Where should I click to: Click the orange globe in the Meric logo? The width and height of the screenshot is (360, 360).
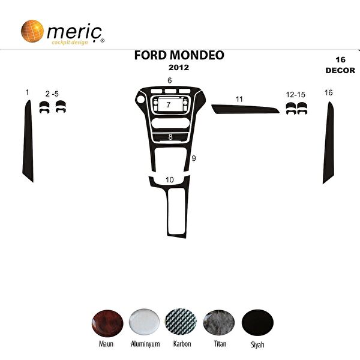[32, 31]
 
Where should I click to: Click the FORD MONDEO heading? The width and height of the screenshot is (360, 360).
[179, 55]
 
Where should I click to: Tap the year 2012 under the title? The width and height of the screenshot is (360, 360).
[179, 68]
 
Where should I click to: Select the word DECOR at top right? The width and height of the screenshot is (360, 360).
[340, 70]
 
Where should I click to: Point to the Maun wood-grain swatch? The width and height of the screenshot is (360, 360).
[107, 323]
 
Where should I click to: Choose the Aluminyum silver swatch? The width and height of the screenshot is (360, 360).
[144, 323]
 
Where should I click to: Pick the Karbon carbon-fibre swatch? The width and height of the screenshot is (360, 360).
[182, 323]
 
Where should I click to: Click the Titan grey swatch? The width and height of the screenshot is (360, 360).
[219, 323]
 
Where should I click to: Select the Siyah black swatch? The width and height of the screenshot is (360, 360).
[257, 323]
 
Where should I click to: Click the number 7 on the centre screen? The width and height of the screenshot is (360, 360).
[169, 105]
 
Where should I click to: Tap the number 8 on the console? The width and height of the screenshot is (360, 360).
[170, 137]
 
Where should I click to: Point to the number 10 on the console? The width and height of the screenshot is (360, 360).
[170, 179]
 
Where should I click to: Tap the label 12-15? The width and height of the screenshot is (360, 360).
[296, 94]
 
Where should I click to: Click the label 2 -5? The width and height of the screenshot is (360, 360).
[52, 94]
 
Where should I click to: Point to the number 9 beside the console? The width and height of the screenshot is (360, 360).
[194, 158]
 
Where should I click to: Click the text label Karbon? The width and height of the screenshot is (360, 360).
[182, 345]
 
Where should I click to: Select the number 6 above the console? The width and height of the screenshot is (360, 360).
[170, 80]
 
